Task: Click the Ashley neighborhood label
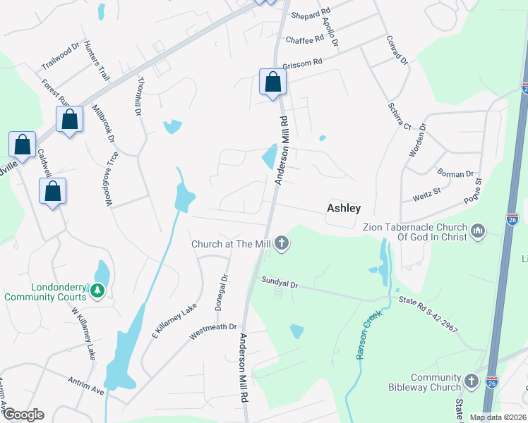tap(344, 208)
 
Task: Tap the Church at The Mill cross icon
tap(282, 244)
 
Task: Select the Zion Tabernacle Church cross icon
tap(479, 231)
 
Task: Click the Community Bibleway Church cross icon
tap(472, 381)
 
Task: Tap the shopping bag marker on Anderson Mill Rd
tap(272, 83)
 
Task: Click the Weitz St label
tap(426, 190)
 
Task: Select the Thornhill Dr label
tap(138, 97)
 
